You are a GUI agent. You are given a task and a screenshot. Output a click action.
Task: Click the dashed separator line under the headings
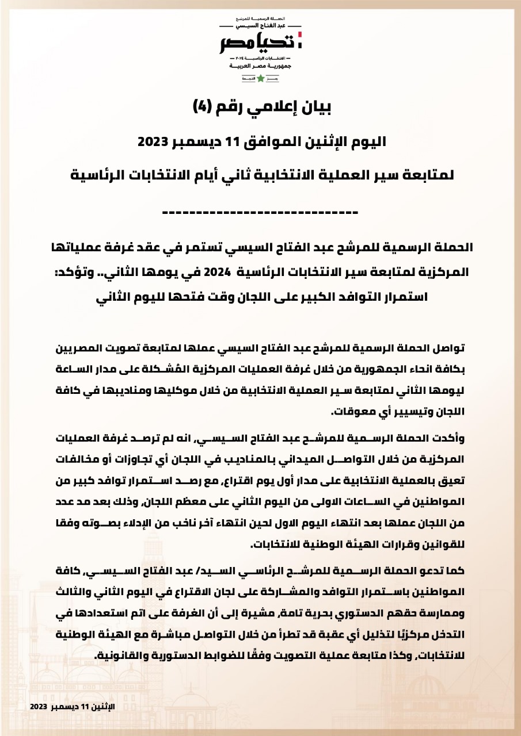(260, 213)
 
